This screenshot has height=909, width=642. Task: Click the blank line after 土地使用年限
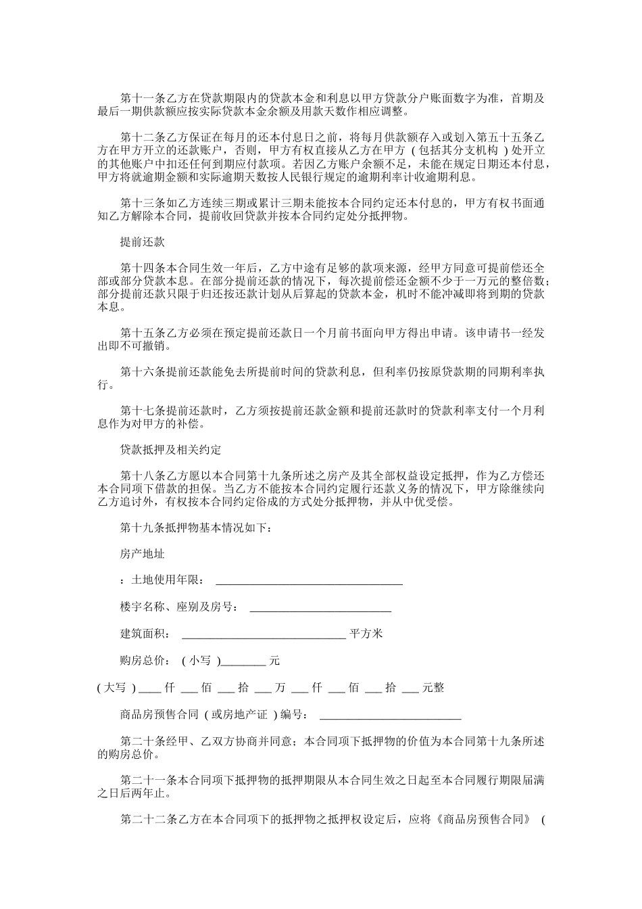point(308,582)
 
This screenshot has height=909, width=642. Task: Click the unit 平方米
point(366,634)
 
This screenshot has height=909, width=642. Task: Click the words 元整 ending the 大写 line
point(433,688)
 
